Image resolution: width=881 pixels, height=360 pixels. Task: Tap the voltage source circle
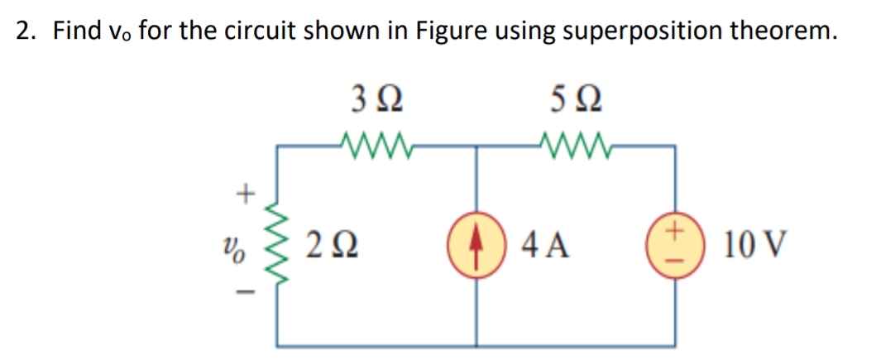(678, 246)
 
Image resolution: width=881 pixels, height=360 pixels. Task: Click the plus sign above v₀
(244, 195)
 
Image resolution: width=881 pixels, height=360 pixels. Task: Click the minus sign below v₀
(244, 294)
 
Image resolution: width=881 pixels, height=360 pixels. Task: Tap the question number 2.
(25, 32)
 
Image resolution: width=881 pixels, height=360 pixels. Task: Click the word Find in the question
(74, 32)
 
